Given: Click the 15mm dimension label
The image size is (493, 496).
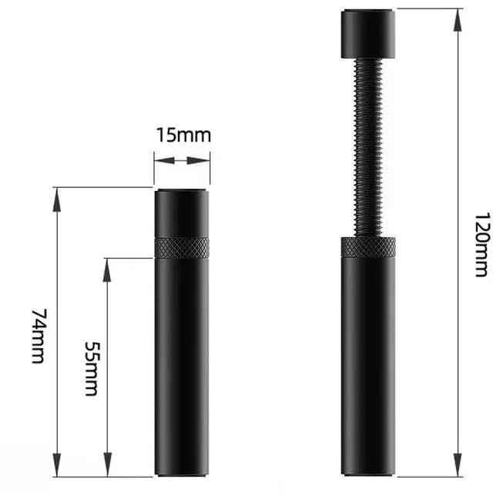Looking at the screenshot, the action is coord(183,135).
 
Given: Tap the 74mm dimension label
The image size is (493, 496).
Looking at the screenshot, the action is coord(39,337).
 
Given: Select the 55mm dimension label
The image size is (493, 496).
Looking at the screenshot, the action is coord(92,368).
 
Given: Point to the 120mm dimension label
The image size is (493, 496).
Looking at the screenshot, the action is coord(483,245).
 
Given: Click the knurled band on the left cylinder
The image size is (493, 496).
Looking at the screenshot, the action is coord(182,247).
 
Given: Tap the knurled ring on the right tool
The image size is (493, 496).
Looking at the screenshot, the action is coord(368,246).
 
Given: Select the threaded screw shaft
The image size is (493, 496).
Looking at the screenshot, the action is coord(368,147).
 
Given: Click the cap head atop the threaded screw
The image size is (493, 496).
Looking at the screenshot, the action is coord(368,34).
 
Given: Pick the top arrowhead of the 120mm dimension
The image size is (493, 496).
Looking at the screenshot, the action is coord(458,20).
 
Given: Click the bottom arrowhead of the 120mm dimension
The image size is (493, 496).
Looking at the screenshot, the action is coord(458,465).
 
